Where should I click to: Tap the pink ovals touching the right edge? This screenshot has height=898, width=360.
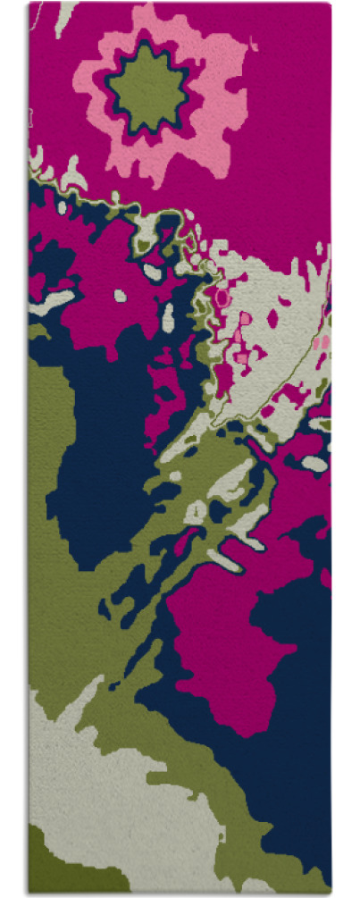click(x=321, y=342)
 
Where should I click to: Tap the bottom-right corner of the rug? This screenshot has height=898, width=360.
click(x=331, y=890)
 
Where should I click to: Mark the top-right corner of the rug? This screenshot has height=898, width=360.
click(x=331, y=4)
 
